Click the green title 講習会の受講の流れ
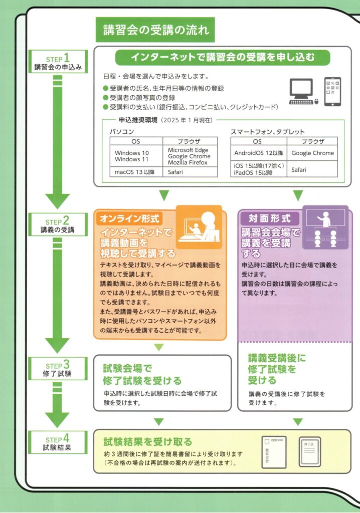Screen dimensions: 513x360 pyautogui.click(x=155, y=31)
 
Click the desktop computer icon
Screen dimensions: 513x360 pyautogui.click(x=303, y=92)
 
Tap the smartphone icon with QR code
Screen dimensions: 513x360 pyautogui.click(x=332, y=91)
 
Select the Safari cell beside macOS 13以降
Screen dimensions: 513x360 pyautogui.click(x=190, y=172)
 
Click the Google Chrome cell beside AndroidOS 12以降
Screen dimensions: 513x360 pyautogui.click(x=312, y=153)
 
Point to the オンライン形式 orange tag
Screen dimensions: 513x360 pyautogui.click(x=130, y=219)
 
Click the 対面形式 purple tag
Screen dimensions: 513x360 pyautogui.click(x=270, y=219)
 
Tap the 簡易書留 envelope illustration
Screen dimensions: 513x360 pyautogui.click(x=274, y=451)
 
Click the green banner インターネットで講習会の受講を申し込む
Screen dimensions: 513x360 pyautogui.click(x=223, y=57)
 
